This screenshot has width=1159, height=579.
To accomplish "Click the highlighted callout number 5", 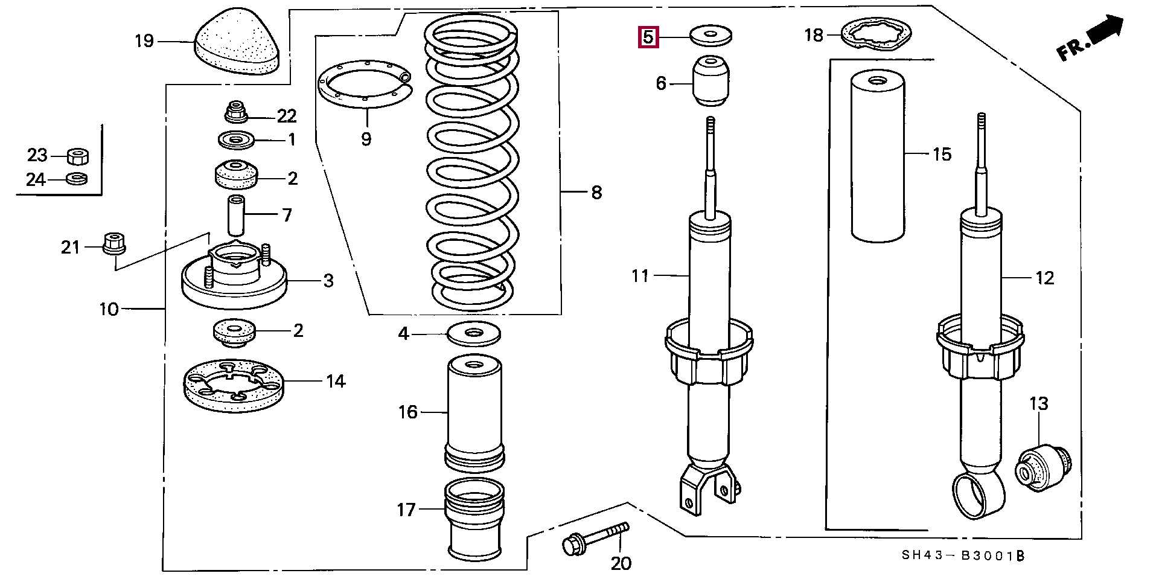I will (x=647, y=37).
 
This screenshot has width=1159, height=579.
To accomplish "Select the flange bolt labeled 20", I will (x=594, y=539).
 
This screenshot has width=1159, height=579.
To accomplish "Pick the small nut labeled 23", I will (x=77, y=156).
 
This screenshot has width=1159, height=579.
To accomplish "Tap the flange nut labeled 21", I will (x=113, y=243).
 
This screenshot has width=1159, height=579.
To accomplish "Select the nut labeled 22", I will (x=235, y=113).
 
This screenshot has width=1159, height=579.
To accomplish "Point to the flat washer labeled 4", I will (x=474, y=334).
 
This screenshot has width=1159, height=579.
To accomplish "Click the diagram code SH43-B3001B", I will (x=963, y=556).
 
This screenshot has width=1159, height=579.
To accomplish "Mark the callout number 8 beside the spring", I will (x=596, y=193).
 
